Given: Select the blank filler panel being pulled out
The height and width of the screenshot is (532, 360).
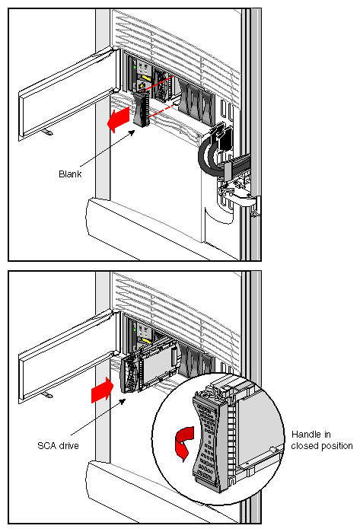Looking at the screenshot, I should tap(141, 109).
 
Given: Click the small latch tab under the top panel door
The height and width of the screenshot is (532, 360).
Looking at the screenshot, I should tap(46, 132).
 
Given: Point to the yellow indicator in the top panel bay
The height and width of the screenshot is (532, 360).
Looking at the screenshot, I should tap(142, 78).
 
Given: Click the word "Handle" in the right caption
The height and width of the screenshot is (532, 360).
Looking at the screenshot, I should tap(307, 433).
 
